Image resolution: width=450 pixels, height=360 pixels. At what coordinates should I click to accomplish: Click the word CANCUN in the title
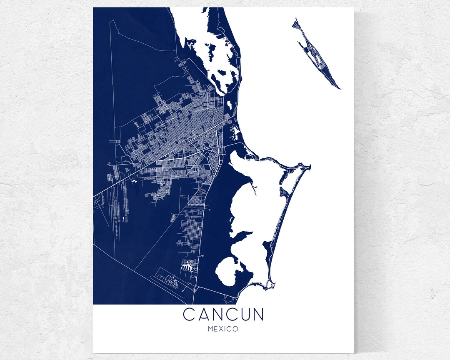click(223, 315)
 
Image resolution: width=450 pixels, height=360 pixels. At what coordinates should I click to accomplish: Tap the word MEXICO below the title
click(223, 329)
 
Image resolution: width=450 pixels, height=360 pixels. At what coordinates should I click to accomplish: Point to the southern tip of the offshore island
click(339, 88)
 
